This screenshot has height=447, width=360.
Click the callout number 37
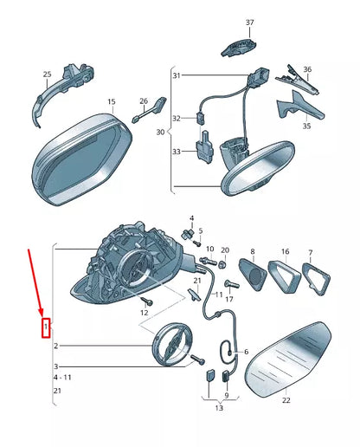tap(250, 23)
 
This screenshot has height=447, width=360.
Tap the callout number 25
tap(48, 74)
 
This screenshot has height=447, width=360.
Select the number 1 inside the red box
tap(46, 327)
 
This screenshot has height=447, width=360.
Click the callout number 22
tap(286, 400)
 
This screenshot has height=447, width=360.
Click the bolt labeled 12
tap(148, 301)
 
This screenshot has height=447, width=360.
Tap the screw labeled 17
tap(232, 284)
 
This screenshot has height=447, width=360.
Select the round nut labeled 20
tap(222, 264)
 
